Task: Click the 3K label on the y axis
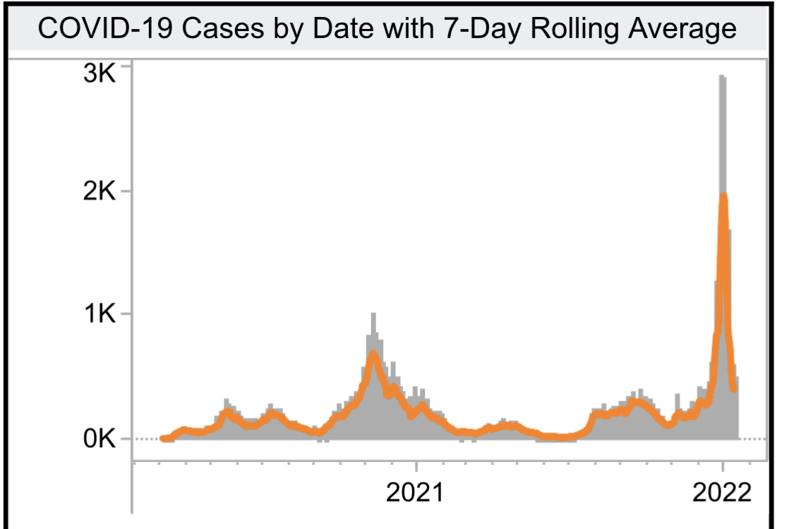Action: click(x=97, y=73)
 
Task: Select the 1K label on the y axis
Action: click(x=97, y=315)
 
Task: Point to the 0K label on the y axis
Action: click(x=97, y=439)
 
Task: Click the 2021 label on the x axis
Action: click(x=416, y=492)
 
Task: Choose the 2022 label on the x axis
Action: click(x=722, y=492)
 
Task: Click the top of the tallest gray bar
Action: click(x=722, y=76)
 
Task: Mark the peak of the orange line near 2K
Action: click(x=723, y=197)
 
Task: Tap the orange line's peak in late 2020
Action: click(x=373, y=353)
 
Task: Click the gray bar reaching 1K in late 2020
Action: click(x=373, y=315)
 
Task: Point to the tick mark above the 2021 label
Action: click(x=416, y=467)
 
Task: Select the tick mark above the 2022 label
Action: click(x=723, y=467)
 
